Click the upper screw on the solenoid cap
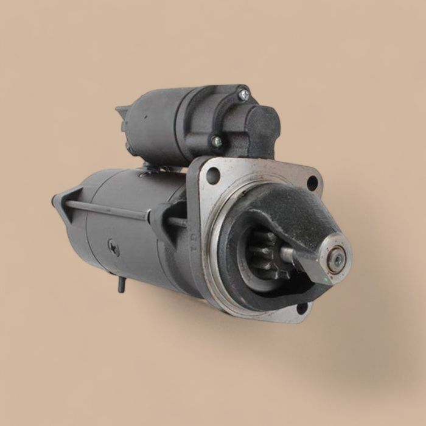(243, 95)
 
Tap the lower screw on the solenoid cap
(217, 141)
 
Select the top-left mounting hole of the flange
(213, 175)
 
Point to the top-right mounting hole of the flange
(312, 181)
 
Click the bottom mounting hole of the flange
(301, 307)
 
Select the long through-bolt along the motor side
(116, 210)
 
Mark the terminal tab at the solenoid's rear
(120, 116)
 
